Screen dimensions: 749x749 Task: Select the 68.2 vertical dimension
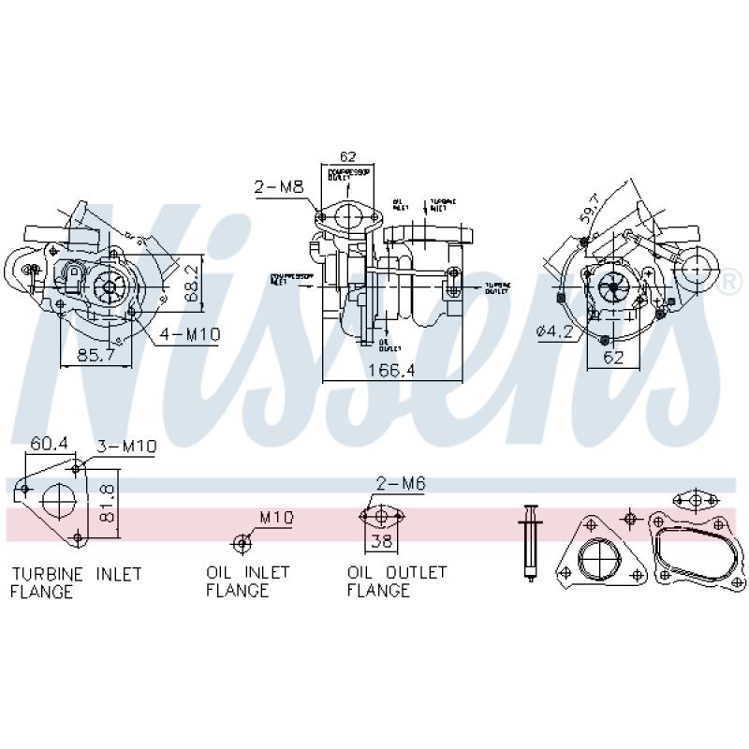pos(192,280)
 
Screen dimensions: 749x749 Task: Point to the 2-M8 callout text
pos(278,187)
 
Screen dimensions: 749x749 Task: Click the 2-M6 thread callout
pos(400,483)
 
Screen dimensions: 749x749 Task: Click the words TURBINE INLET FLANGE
pos(75,581)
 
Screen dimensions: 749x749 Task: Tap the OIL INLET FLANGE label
pos(248,581)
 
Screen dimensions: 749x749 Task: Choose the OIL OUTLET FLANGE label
pos(397,581)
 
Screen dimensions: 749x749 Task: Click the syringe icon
pos(531,541)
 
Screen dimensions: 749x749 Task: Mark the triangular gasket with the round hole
pos(599,557)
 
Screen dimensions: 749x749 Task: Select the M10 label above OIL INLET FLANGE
pos(276,517)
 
